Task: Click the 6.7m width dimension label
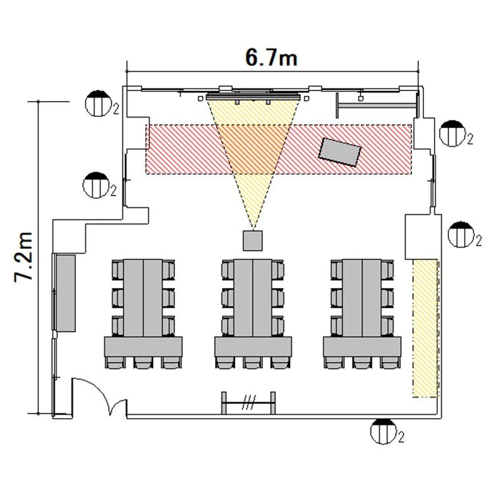click(271, 57)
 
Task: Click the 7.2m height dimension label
click(24, 258)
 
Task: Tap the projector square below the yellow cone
click(253, 240)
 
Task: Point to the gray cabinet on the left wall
click(65, 293)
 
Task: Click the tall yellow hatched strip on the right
click(425, 328)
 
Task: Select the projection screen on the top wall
click(253, 96)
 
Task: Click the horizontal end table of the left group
click(143, 347)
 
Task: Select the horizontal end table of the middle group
click(253, 347)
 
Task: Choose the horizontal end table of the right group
click(362, 347)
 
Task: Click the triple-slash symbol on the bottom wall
click(249, 400)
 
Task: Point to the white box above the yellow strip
click(421, 236)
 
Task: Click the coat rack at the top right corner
click(376, 103)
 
